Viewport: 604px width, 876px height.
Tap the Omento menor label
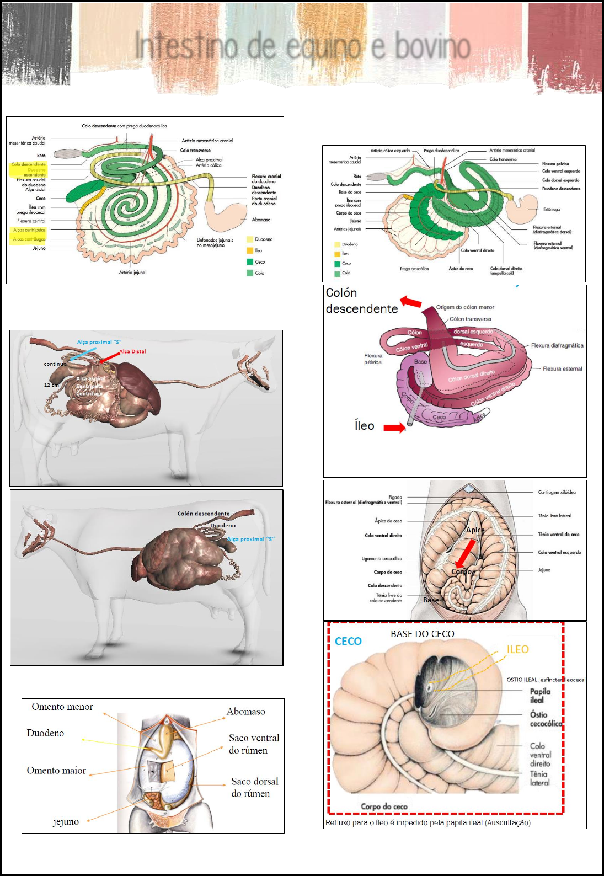click(62, 707)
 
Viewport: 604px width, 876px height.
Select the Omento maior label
click(56, 771)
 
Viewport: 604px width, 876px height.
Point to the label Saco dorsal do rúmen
click(254, 787)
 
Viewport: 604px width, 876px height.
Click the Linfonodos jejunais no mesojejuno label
click(215, 243)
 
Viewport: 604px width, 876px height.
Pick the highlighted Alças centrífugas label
click(30, 239)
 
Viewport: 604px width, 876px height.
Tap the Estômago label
click(551, 210)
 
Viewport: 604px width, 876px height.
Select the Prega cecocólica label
click(414, 269)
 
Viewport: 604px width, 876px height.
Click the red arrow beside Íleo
click(394, 428)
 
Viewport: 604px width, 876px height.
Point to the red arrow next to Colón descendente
click(410, 302)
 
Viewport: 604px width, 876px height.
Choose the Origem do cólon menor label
click(465, 307)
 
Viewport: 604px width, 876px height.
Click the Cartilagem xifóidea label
click(557, 492)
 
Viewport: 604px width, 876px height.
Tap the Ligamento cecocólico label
click(382, 559)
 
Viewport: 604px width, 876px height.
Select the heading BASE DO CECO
click(422, 634)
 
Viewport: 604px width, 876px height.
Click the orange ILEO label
click(517, 649)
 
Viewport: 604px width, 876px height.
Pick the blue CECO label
click(348, 641)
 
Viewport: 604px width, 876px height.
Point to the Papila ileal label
click(540, 696)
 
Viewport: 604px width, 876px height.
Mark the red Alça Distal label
click(132, 351)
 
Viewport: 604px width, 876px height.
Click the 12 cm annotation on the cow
click(51, 385)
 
